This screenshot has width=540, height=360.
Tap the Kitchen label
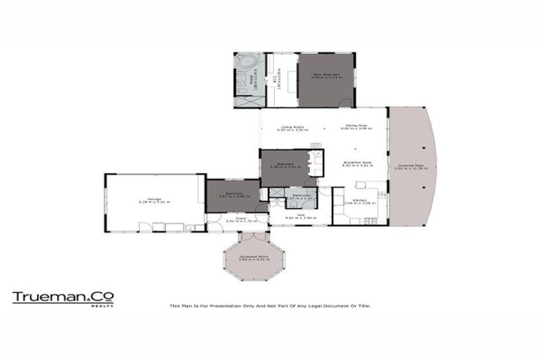pos(359,200)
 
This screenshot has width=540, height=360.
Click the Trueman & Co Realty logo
pos(63,298)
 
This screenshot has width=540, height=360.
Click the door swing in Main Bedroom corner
pos(345,103)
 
